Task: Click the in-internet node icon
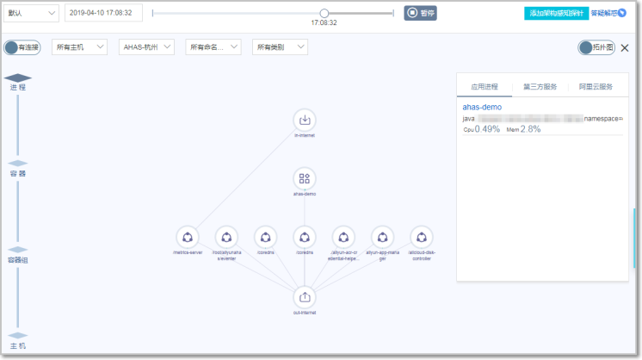pos(304,120)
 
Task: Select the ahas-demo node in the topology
pos(304,178)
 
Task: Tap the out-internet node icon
pos(304,296)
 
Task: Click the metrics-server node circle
pos(187,237)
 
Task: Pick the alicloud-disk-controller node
pos(421,237)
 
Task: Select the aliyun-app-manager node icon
pos(382,237)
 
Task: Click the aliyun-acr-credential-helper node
pos(343,237)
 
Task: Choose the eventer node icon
pos(225,237)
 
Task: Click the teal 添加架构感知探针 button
pos(556,14)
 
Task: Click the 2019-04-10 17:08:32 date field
pos(103,13)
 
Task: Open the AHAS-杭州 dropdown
pos(146,47)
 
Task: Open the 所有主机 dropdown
pos(80,47)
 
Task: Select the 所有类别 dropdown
pos(280,47)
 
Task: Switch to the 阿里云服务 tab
pos(596,87)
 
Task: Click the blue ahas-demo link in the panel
pos(482,107)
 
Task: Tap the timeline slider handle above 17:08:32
pos(324,13)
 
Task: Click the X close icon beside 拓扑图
pos(626,48)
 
